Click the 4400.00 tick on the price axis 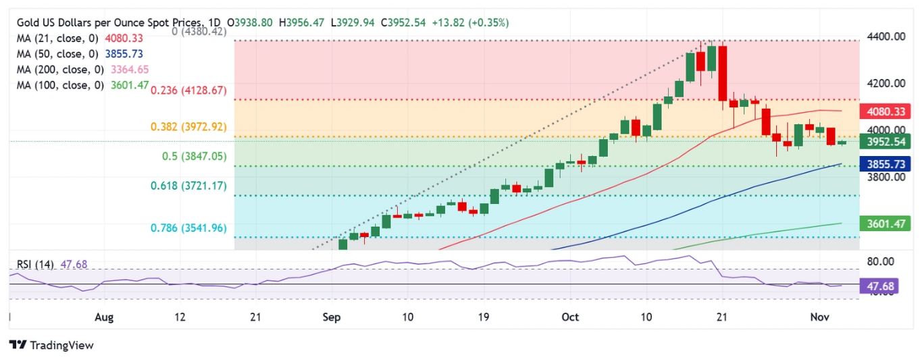tap(886, 36)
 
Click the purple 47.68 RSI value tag tap(878, 286)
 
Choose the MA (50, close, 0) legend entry tap(80, 54)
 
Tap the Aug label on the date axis tap(103, 316)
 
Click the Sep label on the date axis tap(332, 316)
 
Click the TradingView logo tap(51, 345)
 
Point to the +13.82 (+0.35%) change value tap(472, 22)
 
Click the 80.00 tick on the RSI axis tap(881, 261)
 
